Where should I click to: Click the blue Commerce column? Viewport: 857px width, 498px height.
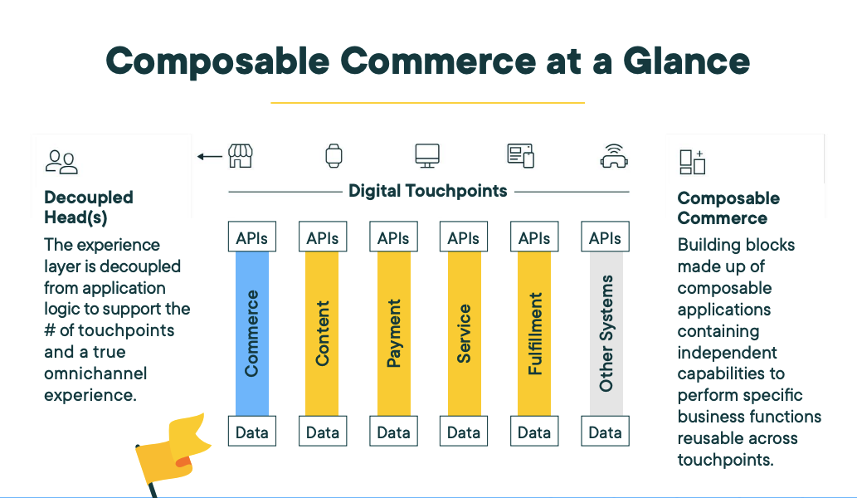click(252, 333)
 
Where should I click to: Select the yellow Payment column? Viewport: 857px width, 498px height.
click(393, 333)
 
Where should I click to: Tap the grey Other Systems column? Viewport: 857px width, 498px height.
click(606, 333)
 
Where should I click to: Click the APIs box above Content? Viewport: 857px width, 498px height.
click(323, 237)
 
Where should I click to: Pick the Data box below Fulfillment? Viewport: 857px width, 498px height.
click(534, 432)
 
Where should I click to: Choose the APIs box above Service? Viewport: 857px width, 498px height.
click(464, 237)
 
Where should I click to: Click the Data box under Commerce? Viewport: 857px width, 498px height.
click(252, 432)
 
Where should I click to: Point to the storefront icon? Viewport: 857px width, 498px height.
click(241, 155)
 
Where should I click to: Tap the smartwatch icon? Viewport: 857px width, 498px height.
click(334, 155)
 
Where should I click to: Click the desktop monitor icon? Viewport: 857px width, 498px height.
click(427, 155)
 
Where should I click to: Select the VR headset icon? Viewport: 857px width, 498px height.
click(613, 156)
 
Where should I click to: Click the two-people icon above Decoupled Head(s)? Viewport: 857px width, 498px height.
click(61, 162)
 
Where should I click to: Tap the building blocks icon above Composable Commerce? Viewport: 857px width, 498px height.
click(692, 162)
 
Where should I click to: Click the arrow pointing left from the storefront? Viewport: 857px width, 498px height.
click(210, 156)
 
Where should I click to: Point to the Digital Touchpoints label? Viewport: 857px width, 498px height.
click(427, 191)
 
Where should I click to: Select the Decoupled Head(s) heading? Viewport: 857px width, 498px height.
click(88, 207)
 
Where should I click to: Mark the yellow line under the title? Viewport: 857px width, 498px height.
click(427, 103)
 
